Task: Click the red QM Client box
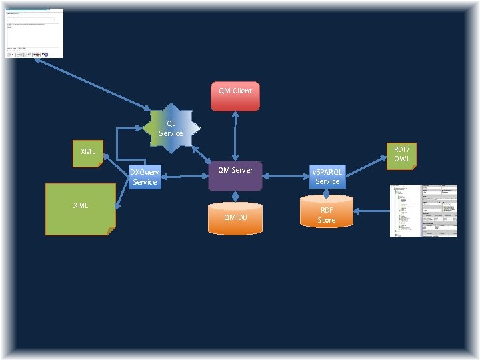point(235,96)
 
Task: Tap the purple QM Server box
point(235,175)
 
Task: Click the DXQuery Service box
point(145,177)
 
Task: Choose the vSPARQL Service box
point(327,177)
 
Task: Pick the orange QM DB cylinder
point(235,217)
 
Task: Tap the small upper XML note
point(88,153)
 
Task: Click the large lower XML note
point(80,209)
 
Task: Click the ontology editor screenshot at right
point(423,211)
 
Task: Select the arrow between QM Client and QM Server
point(235,135)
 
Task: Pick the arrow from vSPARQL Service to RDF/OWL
point(366,165)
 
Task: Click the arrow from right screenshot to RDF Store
point(370,211)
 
